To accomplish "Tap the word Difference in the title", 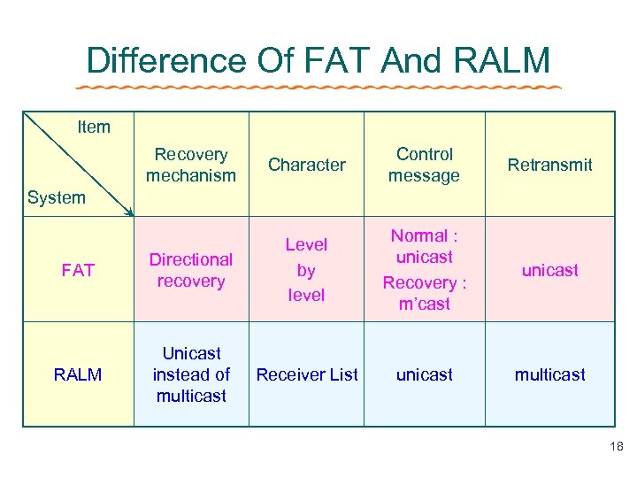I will pos(165,60).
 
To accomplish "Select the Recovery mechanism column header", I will pos(191,165).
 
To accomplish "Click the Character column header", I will pos(307,165).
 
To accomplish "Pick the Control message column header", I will pos(424,165).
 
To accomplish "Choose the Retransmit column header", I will pos(549,165).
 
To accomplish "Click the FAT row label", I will pos(78,270).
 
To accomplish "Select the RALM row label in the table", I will pos(78,374).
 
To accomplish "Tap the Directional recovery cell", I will pos(191,270).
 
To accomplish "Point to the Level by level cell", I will pos(307,270).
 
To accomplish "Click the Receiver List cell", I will pos(307,374).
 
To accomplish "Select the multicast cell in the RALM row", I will pos(549,374).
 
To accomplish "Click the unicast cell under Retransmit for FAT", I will pos(549,270).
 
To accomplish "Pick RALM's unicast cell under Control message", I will pos(424,374).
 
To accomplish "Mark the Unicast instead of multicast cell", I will pos(191,374).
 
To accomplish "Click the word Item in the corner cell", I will pos(94,127).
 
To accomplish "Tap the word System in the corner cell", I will pos(57,197).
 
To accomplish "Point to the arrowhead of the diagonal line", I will pos(129,212).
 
